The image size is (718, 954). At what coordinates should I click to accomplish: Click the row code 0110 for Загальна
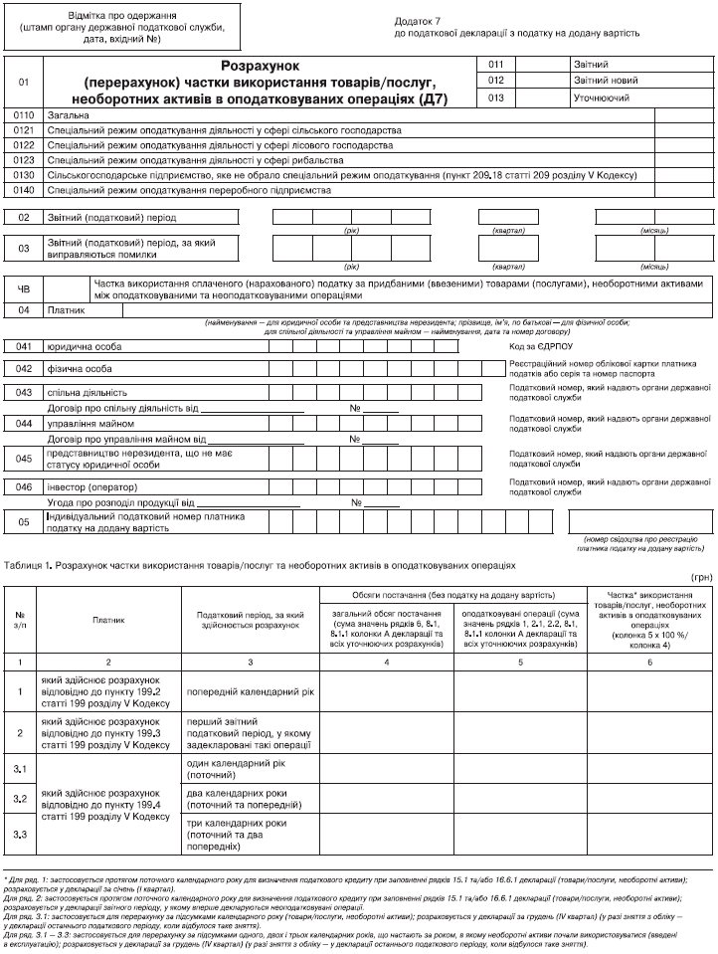point(25,116)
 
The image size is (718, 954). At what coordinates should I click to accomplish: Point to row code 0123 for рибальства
point(25,159)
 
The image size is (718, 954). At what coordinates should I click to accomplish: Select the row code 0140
point(25,188)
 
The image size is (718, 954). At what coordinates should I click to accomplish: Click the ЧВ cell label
point(25,288)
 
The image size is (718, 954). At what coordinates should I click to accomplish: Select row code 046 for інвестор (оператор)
point(25,487)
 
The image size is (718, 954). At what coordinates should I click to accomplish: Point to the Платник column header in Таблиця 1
point(108,618)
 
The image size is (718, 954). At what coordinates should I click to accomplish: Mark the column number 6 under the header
point(650,661)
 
